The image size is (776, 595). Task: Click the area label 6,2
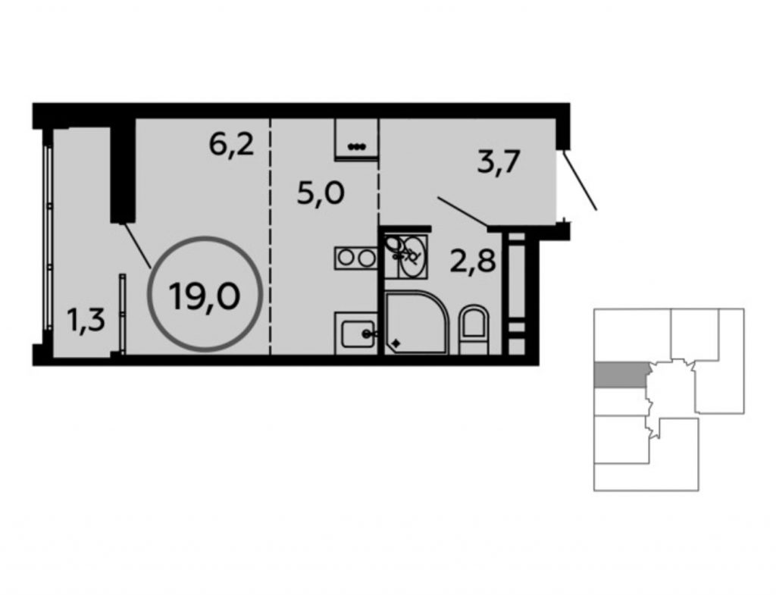click(x=232, y=145)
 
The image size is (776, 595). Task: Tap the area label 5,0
click(x=321, y=193)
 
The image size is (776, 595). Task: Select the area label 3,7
click(x=499, y=162)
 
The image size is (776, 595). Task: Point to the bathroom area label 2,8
click(x=473, y=261)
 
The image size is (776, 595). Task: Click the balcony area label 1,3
click(x=86, y=321)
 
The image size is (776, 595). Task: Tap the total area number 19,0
click(x=205, y=296)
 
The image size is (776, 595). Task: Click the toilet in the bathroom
click(x=474, y=329)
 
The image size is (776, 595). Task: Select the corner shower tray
click(x=417, y=323)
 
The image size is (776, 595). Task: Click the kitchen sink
click(x=356, y=334)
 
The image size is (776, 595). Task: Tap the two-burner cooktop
click(x=356, y=258)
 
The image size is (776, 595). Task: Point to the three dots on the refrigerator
click(x=356, y=146)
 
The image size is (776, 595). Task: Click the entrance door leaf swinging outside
click(x=580, y=180)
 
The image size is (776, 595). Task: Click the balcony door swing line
click(x=137, y=246)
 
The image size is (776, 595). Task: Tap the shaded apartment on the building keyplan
click(x=620, y=374)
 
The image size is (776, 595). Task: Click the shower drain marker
click(x=396, y=343)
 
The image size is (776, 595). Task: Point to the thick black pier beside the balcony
click(x=122, y=171)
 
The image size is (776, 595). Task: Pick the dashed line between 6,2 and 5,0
click(x=271, y=236)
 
